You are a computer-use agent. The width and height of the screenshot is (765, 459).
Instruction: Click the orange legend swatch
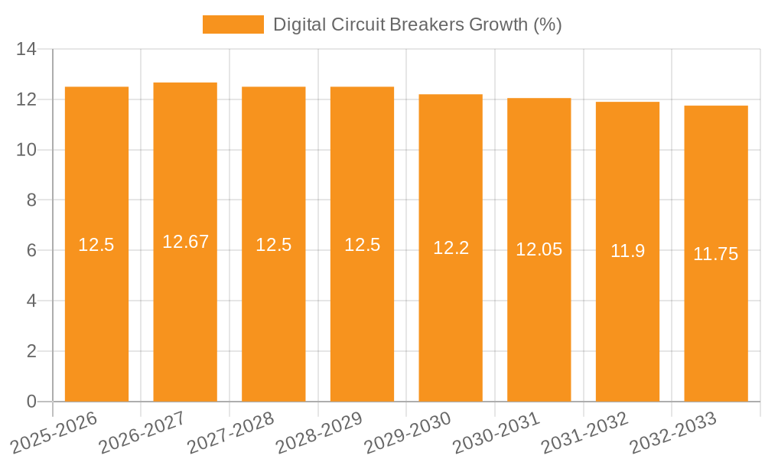pyautogui.click(x=233, y=24)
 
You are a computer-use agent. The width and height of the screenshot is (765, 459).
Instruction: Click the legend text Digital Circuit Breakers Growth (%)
pyautogui.click(x=417, y=24)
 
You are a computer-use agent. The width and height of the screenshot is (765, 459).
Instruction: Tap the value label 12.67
pyautogui.click(x=185, y=242)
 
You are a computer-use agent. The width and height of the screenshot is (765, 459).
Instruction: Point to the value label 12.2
pyautogui.click(x=451, y=248)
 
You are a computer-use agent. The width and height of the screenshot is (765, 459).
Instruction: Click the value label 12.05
pyautogui.click(x=539, y=249)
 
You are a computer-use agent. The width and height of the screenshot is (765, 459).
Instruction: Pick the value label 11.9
pyautogui.click(x=627, y=251)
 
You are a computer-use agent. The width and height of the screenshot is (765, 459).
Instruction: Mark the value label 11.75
pyautogui.click(x=715, y=254)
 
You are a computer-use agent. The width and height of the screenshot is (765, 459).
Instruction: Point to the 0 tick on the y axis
pyautogui.click(x=31, y=402)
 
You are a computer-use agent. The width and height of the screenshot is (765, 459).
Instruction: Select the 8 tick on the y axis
pyautogui.click(x=31, y=200)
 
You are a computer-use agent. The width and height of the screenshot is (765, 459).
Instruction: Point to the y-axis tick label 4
pyautogui.click(x=31, y=301)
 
